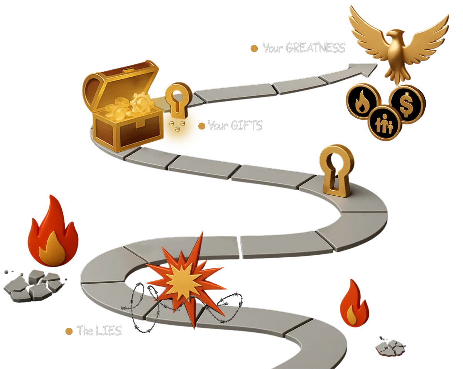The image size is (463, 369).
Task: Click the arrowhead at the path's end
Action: click(x=368, y=69)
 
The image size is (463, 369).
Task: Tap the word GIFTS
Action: click(x=247, y=126)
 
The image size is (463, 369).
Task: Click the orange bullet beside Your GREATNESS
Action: click(x=254, y=49)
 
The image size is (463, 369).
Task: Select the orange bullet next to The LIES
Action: click(x=69, y=331)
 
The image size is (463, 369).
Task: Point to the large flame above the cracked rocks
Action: click(x=53, y=235)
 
